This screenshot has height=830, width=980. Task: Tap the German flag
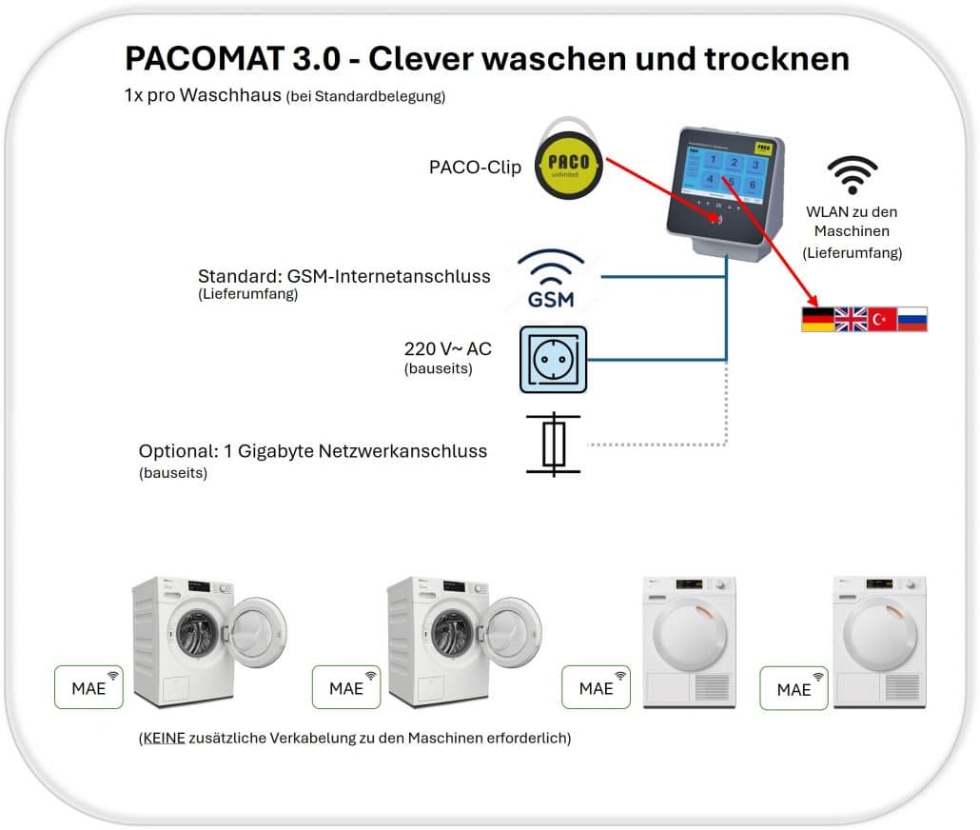(816, 319)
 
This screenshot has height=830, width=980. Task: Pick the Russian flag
(913, 319)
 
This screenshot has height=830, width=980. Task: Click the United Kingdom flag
(850, 319)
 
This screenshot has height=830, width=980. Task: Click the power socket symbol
(554, 359)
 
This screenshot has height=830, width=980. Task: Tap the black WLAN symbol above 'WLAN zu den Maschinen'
(851, 175)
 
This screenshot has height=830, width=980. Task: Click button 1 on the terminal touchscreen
(708, 161)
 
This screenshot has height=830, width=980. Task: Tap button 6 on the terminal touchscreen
(754, 183)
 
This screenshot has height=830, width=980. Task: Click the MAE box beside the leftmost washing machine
(88, 687)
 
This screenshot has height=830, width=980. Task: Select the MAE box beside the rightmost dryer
(794, 687)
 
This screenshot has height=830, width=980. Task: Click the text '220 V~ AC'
(447, 348)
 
